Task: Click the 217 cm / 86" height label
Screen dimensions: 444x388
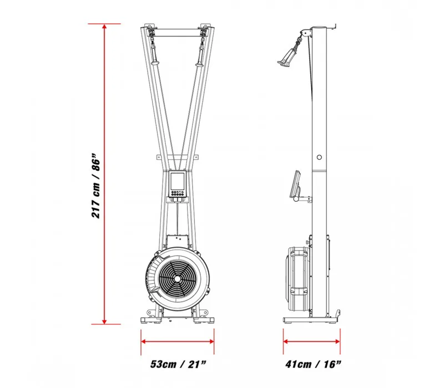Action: click(x=95, y=186)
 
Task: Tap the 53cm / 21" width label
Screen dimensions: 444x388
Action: click(x=178, y=364)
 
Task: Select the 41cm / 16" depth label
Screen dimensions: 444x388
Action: click(x=313, y=364)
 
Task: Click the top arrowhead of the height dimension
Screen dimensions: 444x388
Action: click(x=104, y=27)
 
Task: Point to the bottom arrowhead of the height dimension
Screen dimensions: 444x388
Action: click(x=104, y=321)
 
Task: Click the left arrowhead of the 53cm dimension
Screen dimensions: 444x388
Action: click(x=144, y=341)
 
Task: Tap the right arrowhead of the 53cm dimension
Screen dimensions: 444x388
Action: click(x=211, y=341)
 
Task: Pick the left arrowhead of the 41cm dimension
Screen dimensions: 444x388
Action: click(x=286, y=341)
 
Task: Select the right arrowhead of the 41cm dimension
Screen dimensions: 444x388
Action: click(x=337, y=341)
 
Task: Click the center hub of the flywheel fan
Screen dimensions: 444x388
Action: click(x=177, y=279)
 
